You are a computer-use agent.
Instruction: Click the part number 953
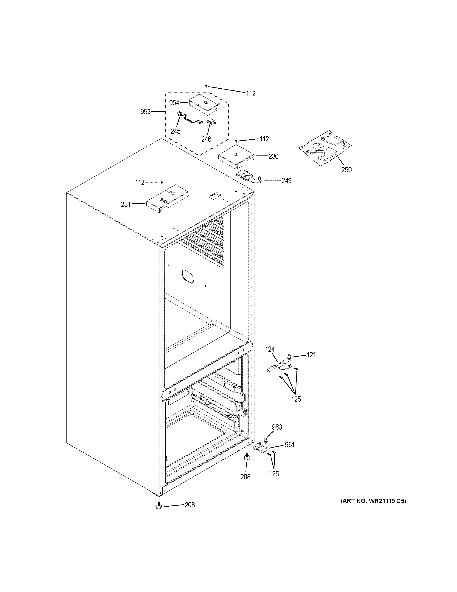click(x=145, y=112)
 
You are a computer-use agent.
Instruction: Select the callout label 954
click(x=174, y=103)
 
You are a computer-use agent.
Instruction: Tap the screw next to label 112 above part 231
click(x=162, y=183)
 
